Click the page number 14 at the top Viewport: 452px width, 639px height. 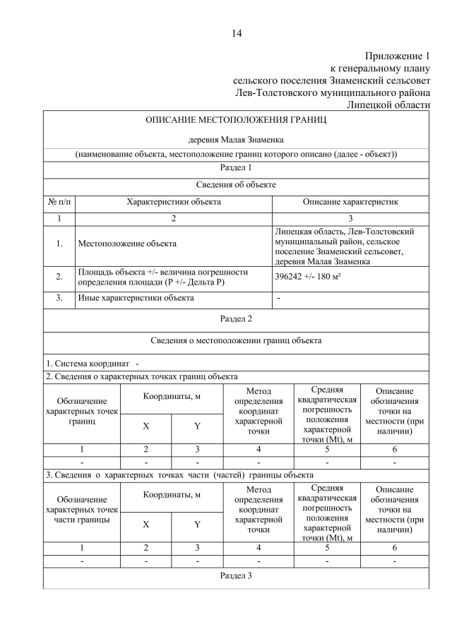[236, 33]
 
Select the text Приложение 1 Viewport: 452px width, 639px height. [397, 56]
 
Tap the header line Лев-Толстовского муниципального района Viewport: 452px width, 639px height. [333, 92]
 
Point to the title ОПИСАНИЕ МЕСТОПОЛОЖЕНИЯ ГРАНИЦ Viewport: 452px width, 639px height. [236, 120]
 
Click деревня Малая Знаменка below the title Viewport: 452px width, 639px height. [236, 140]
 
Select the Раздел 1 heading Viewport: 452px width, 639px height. [236, 168]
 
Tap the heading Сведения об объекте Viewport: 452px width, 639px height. [236, 184]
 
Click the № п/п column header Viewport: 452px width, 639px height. [59, 202]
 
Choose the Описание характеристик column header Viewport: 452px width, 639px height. [350, 202]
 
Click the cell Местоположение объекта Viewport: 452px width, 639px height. [127, 244]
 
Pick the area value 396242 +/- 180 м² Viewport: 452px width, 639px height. [308, 277]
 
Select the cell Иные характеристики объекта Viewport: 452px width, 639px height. [135, 298]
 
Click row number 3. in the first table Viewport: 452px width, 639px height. [59, 298]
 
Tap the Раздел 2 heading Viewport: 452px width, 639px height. [236, 318]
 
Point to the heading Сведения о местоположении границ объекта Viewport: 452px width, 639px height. [236, 340]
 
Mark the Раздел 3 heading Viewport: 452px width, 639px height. [236, 575]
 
